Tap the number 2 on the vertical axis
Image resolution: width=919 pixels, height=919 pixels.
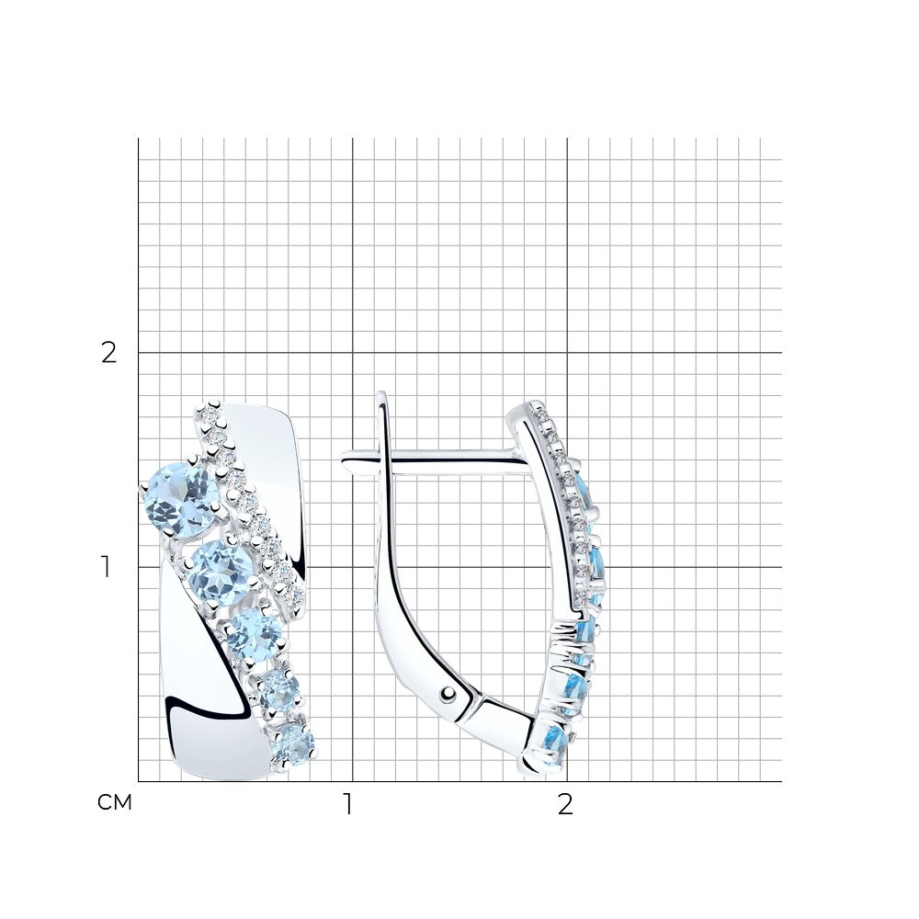[x=109, y=353]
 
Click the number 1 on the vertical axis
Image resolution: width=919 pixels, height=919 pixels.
[x=106, y=567]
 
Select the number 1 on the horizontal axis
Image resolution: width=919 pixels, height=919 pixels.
[x=348, y=805]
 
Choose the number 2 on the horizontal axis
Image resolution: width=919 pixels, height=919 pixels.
[x=565, y=805]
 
